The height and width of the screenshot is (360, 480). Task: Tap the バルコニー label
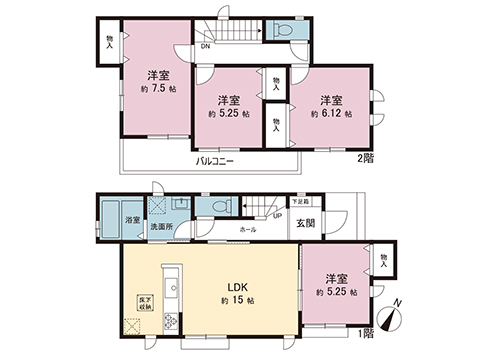coord(215,160)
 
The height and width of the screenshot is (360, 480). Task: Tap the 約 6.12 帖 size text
coord(331,115)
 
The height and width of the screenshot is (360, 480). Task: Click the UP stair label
coord(277,213)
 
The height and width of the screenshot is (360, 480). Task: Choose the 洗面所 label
coord(161,227)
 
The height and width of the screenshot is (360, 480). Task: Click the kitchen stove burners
coord(169,321)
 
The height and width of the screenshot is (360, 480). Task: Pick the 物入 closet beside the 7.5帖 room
coord(109,42)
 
